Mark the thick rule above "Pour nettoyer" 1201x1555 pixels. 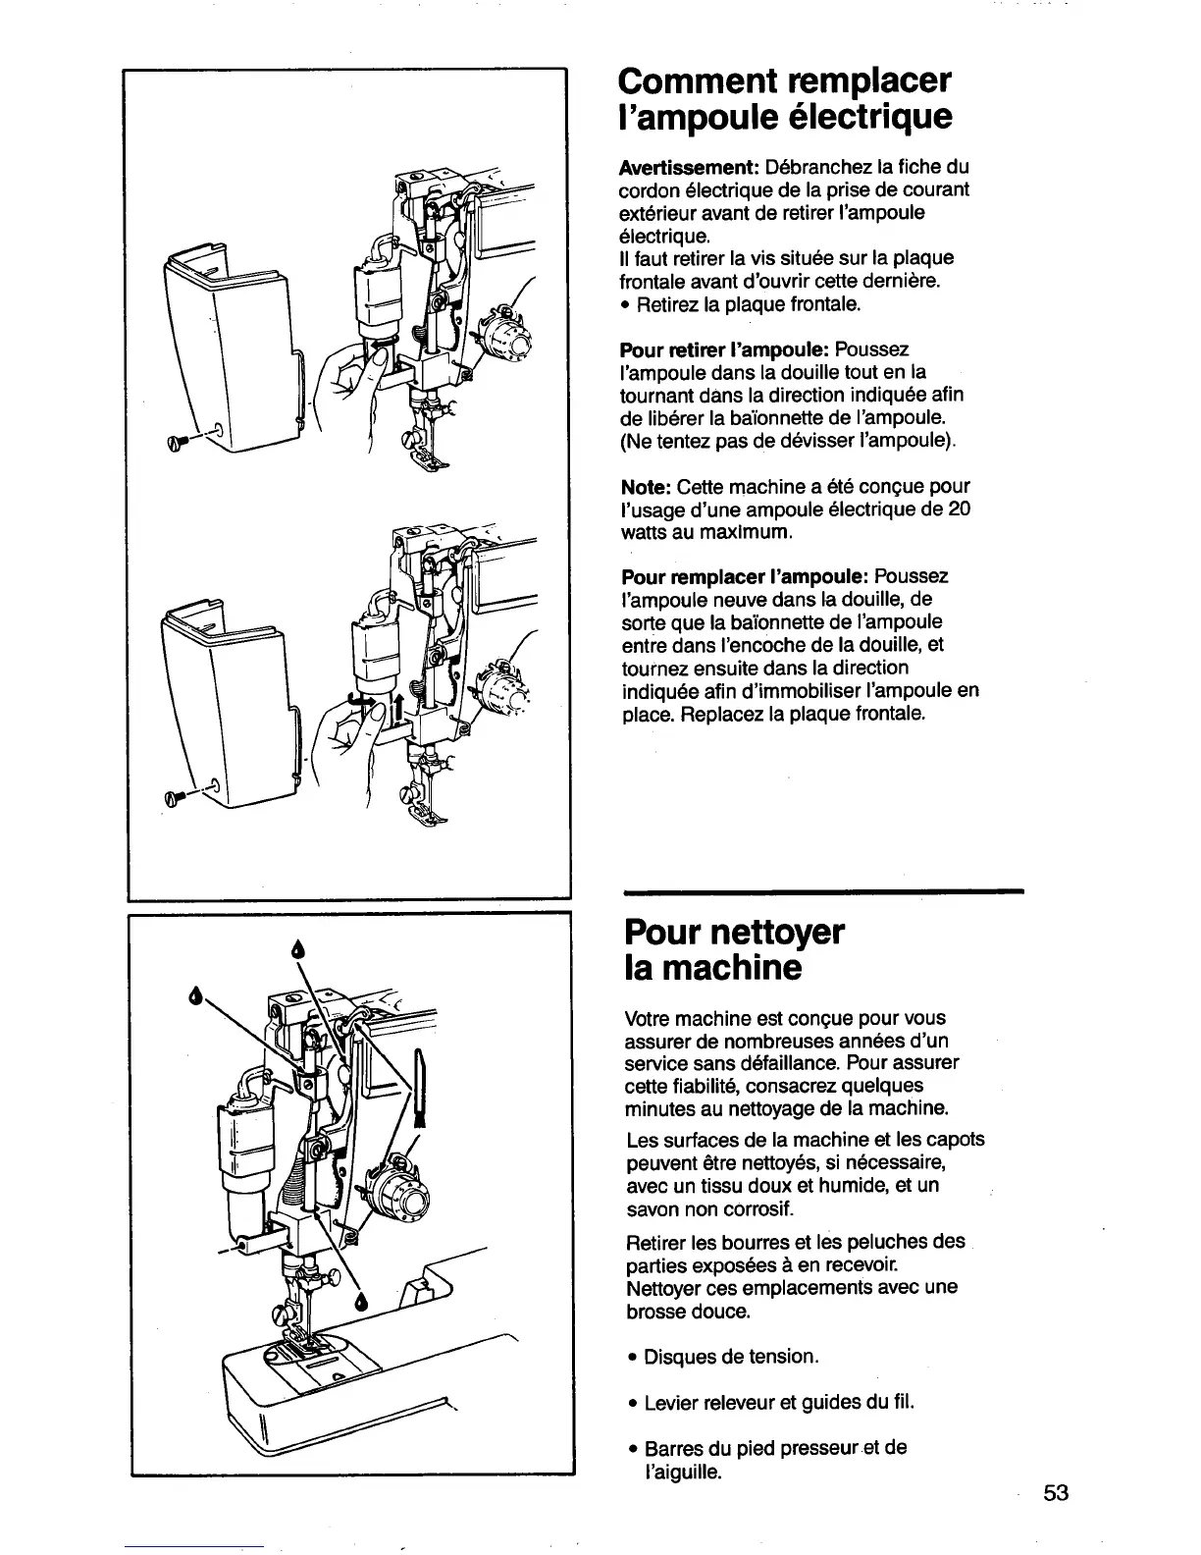pyautogui.click(x=822, y=891)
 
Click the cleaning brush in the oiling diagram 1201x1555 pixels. pyautogui.click(x=421, y=1085)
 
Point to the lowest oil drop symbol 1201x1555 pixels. pyautogui.click(x=362, y=1302)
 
